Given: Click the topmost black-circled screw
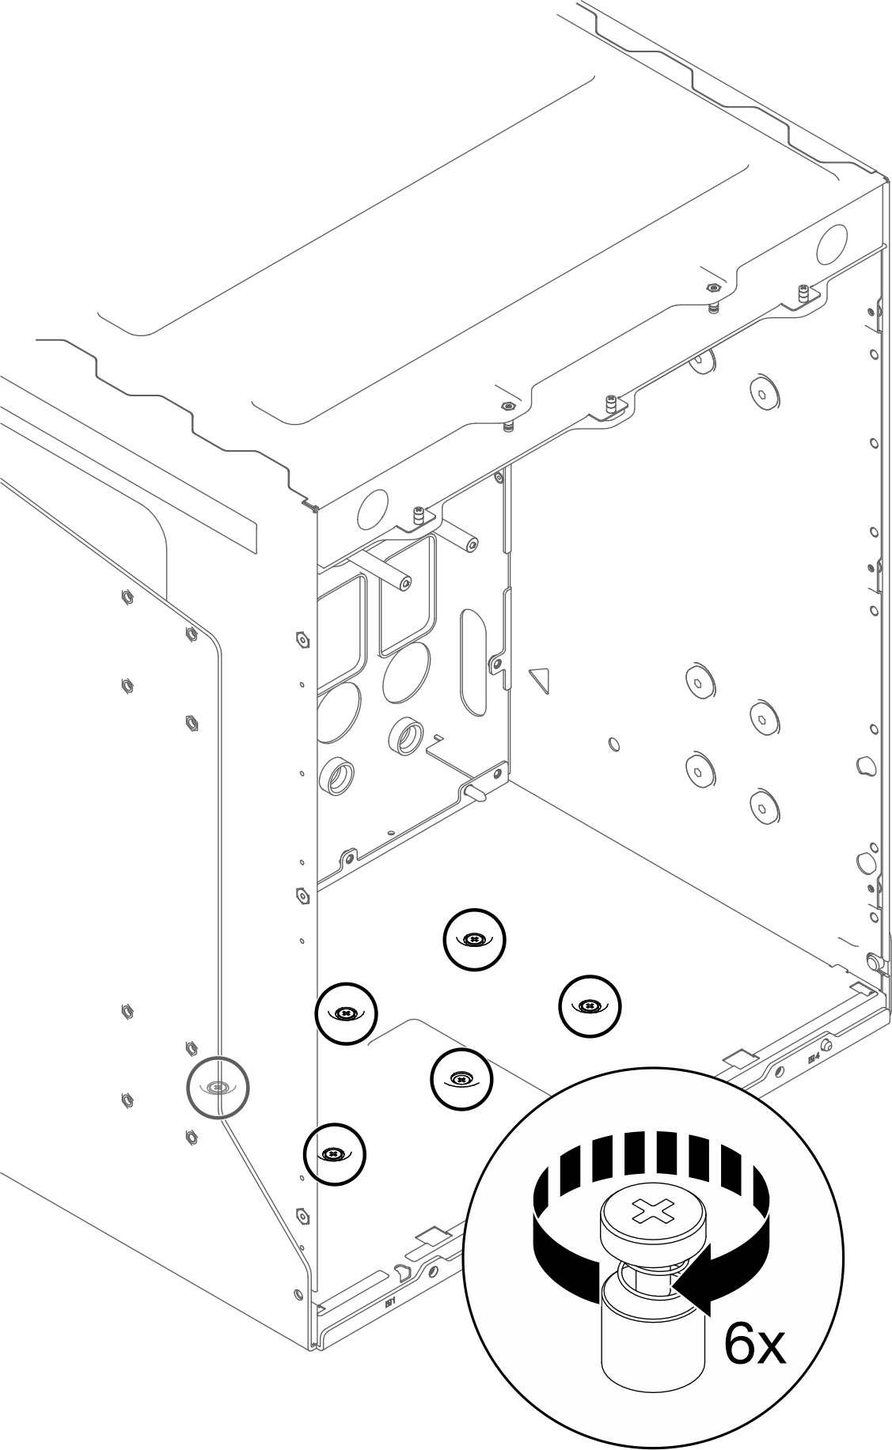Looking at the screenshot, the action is tap(474, 939).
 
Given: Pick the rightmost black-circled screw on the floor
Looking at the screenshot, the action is tap(590, 1005).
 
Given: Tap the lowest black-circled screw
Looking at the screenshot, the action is tap(335, 1154).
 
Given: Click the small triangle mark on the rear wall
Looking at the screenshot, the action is tap(540, 679).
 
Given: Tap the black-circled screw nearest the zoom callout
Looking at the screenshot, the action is tap(461, 1078).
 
